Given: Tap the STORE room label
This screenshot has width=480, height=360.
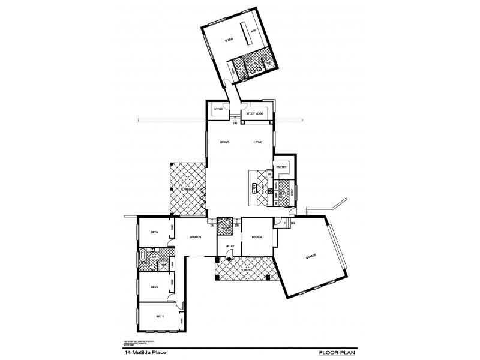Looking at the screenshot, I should click(218, 110).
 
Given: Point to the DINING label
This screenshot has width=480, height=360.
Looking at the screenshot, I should click(225, 142).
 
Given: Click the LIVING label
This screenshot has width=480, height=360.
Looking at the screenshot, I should click(258, 142).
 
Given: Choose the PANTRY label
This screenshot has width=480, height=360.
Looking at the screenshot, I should click(281, 167).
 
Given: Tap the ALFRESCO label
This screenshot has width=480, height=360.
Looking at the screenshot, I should click(187, 189).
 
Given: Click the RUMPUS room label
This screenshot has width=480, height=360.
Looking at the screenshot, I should click(193, 238).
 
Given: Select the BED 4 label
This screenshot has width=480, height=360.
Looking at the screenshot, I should click(154, 232).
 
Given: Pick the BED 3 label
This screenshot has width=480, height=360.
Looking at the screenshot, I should click(154, 287).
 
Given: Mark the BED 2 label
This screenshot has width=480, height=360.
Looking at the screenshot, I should click(160, 316).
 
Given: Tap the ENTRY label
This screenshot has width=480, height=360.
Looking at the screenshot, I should click(229, 246).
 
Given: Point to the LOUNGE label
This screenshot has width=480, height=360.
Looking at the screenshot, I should click(257, 238).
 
